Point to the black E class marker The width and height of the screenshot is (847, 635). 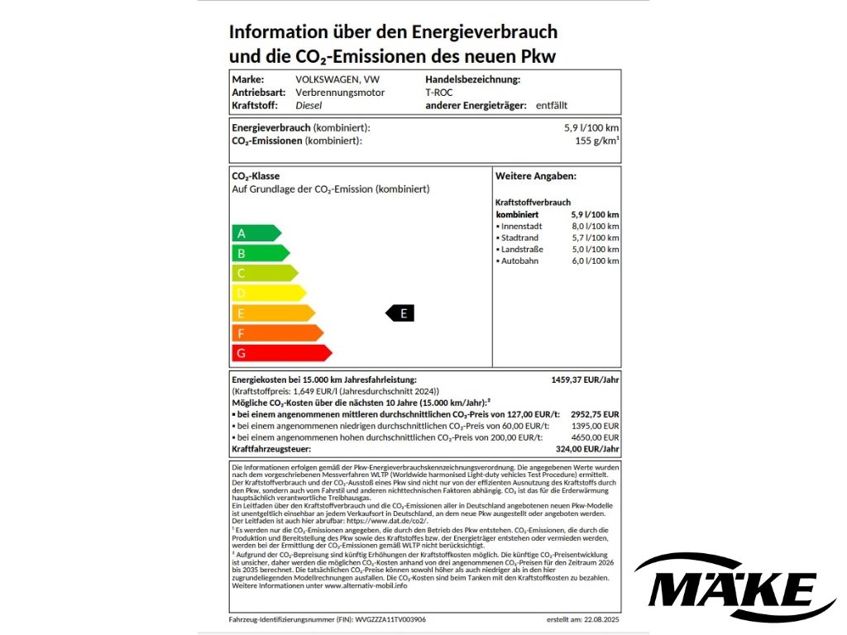point(400,313)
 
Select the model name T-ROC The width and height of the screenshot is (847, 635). point(439,93)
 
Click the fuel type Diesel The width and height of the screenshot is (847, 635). point(309,106)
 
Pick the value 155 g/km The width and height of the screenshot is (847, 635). point(596,141)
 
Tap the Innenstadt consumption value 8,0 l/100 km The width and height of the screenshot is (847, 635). point(595,227)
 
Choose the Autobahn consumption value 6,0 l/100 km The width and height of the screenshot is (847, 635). point(595,261)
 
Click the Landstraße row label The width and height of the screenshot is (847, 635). point(521,250)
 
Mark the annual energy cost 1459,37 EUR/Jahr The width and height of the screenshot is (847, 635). point(585,380)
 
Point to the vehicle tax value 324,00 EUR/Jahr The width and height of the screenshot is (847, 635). point(588,449)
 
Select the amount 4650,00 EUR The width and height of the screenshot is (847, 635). point(600,437)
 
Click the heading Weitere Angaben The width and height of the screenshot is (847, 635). point(536,176)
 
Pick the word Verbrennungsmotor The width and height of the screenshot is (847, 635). point(340,93)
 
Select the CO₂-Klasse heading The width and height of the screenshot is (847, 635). point(256,176)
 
